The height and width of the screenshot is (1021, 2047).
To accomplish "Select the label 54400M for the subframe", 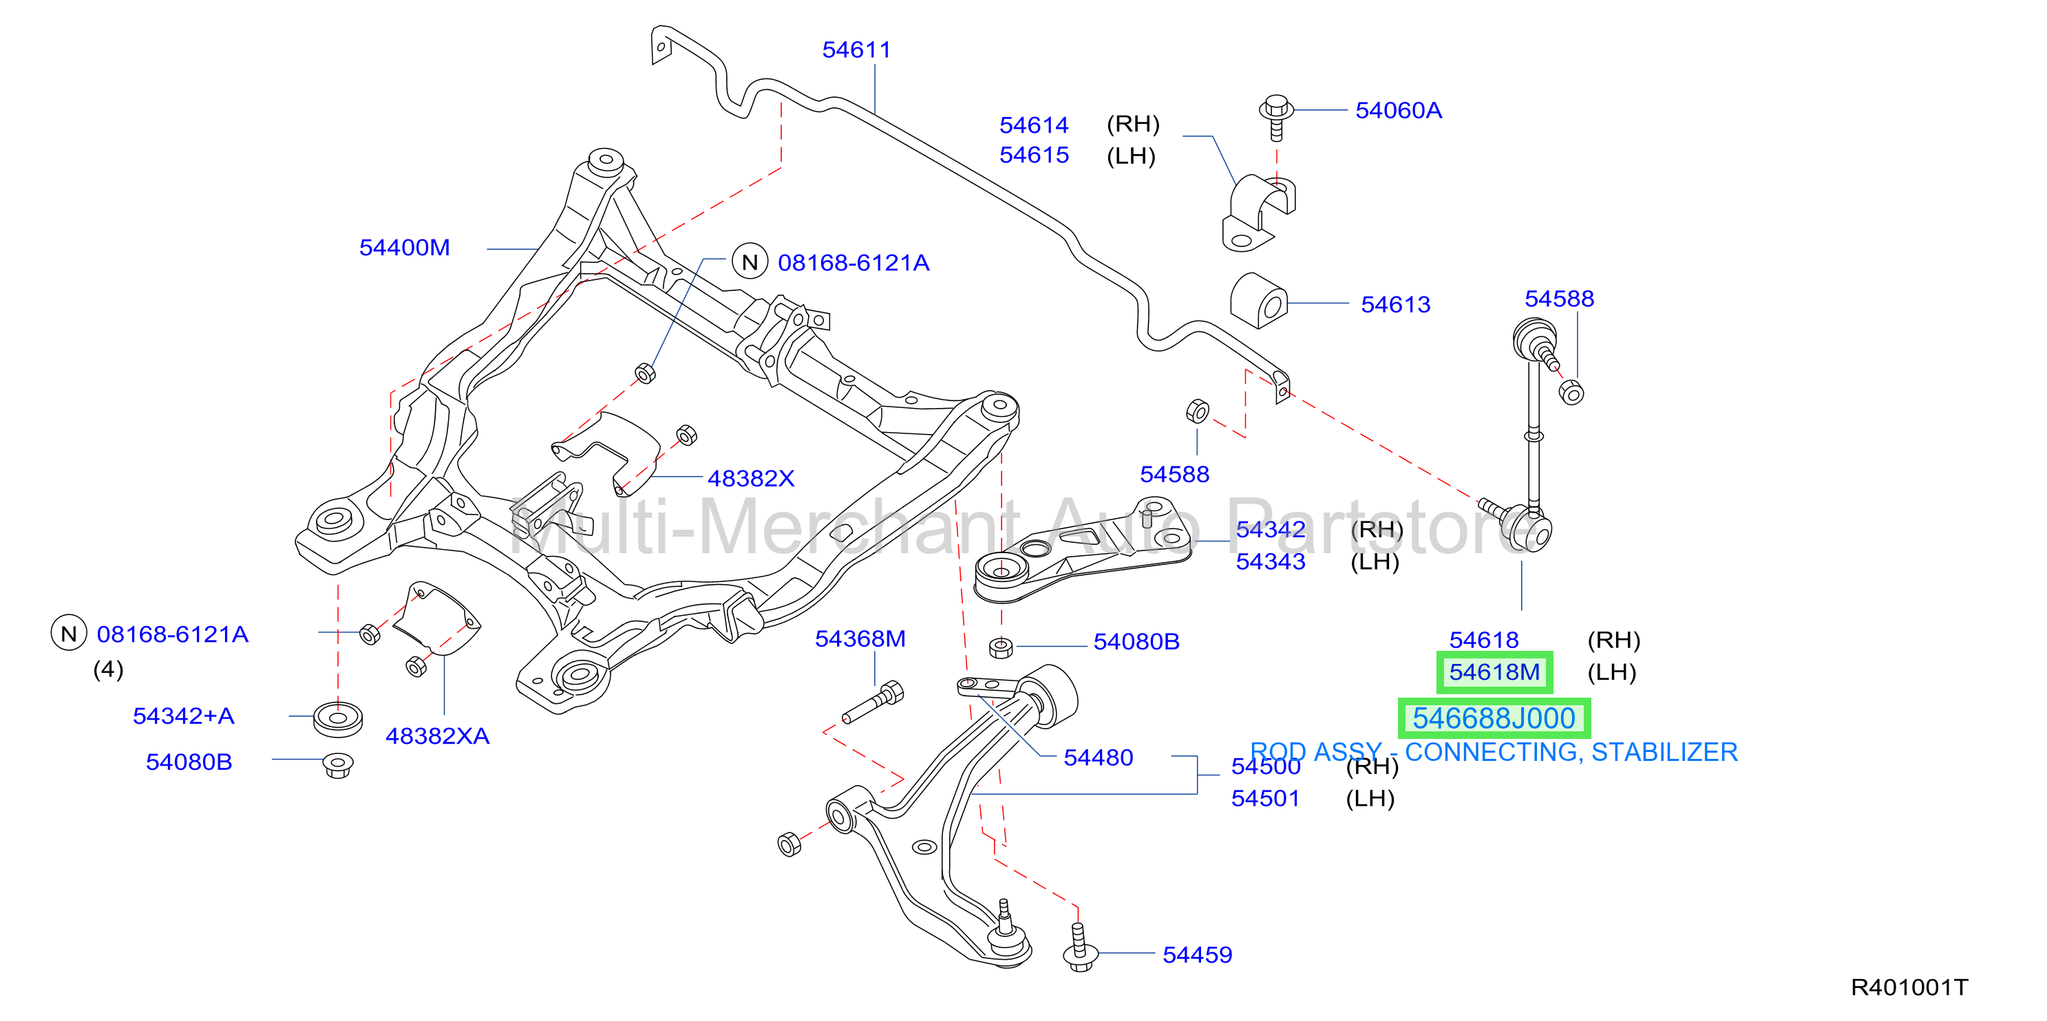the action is click(x=405, y=248).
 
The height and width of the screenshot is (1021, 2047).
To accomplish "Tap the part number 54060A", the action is click(x=1398, y=111).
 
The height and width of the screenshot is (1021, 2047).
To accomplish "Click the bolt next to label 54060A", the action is click(x=1276, y=118).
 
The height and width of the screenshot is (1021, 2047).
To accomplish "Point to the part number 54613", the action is click(x=1395, y=304).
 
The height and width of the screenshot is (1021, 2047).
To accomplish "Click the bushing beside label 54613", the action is click(x=1260, y=301).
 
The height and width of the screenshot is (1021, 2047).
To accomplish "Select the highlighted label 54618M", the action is click(x=1494, y=672).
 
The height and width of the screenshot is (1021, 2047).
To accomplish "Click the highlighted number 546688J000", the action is click(x=1493, y=718).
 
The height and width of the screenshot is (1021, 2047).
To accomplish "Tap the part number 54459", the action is click(x=1197, y=954).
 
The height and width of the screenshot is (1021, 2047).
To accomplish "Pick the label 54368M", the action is click(x=860, y=639).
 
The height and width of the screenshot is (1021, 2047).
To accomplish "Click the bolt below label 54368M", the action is click(x=873, y=702).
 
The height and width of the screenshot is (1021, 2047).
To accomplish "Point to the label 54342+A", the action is click(x=184, y=716).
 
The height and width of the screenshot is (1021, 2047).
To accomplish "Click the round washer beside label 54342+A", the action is click(x=338, y=719).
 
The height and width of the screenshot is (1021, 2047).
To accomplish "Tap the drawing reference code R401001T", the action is click(x=1909, y=987).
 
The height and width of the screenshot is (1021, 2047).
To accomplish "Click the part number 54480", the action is click(x=1099, y=758).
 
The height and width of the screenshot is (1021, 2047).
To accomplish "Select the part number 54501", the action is click(x=1265, y=799).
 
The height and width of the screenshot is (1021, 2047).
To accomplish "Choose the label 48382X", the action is click(x=751, y=478).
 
